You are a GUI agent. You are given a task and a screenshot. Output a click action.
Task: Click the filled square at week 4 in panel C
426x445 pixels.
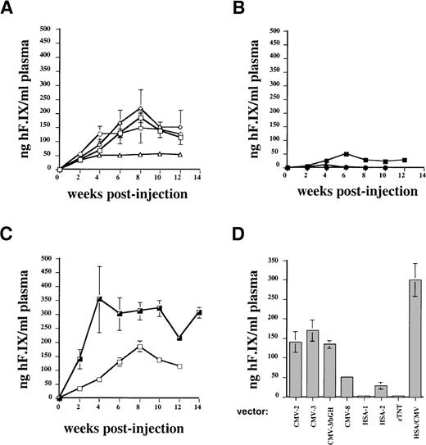(x=99, y=299)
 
